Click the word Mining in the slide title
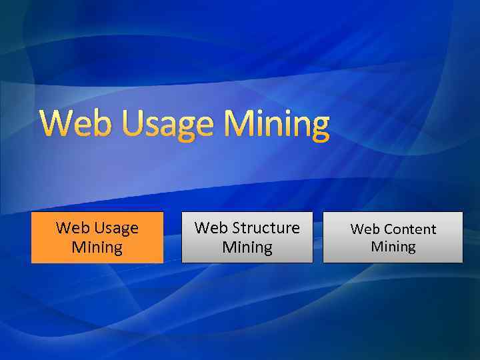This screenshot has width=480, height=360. [x=277, y=124]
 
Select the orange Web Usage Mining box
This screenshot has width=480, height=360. [x=97, y=237]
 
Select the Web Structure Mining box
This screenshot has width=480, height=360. [x=247, y=237]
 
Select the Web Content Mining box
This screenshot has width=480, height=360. [x=393, y=237]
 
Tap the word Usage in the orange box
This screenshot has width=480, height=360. [x=116, y=229]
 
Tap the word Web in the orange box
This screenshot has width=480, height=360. [x=72, y=228]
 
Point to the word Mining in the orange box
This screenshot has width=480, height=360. [x=97, y=248]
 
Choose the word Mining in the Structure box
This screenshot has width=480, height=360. [x=247, y=248]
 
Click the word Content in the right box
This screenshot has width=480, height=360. [x=411, y=229]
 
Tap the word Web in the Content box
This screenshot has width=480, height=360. [x=365, y=229]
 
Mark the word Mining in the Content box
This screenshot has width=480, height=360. [x=393, y=247]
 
